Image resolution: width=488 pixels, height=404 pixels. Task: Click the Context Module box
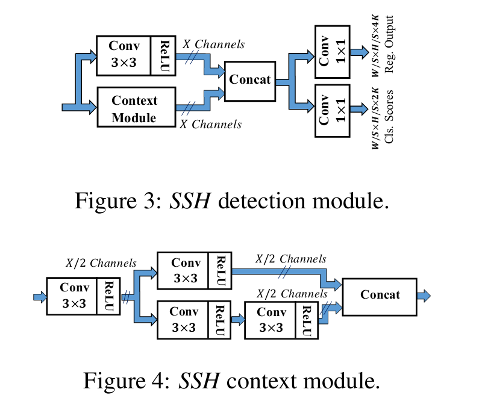pos(134,109)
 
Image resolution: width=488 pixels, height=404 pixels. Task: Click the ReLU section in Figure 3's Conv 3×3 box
pos(164,55)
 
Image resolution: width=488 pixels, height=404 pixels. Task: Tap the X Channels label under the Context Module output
pos(211,125)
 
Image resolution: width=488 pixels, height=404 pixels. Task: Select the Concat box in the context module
pos(380,295)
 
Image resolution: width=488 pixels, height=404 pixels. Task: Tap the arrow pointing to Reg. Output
pos(359,52)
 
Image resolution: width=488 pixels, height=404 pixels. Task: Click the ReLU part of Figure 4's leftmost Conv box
pos(109,296)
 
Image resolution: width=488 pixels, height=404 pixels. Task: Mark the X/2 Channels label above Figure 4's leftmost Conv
pos(101,263)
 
